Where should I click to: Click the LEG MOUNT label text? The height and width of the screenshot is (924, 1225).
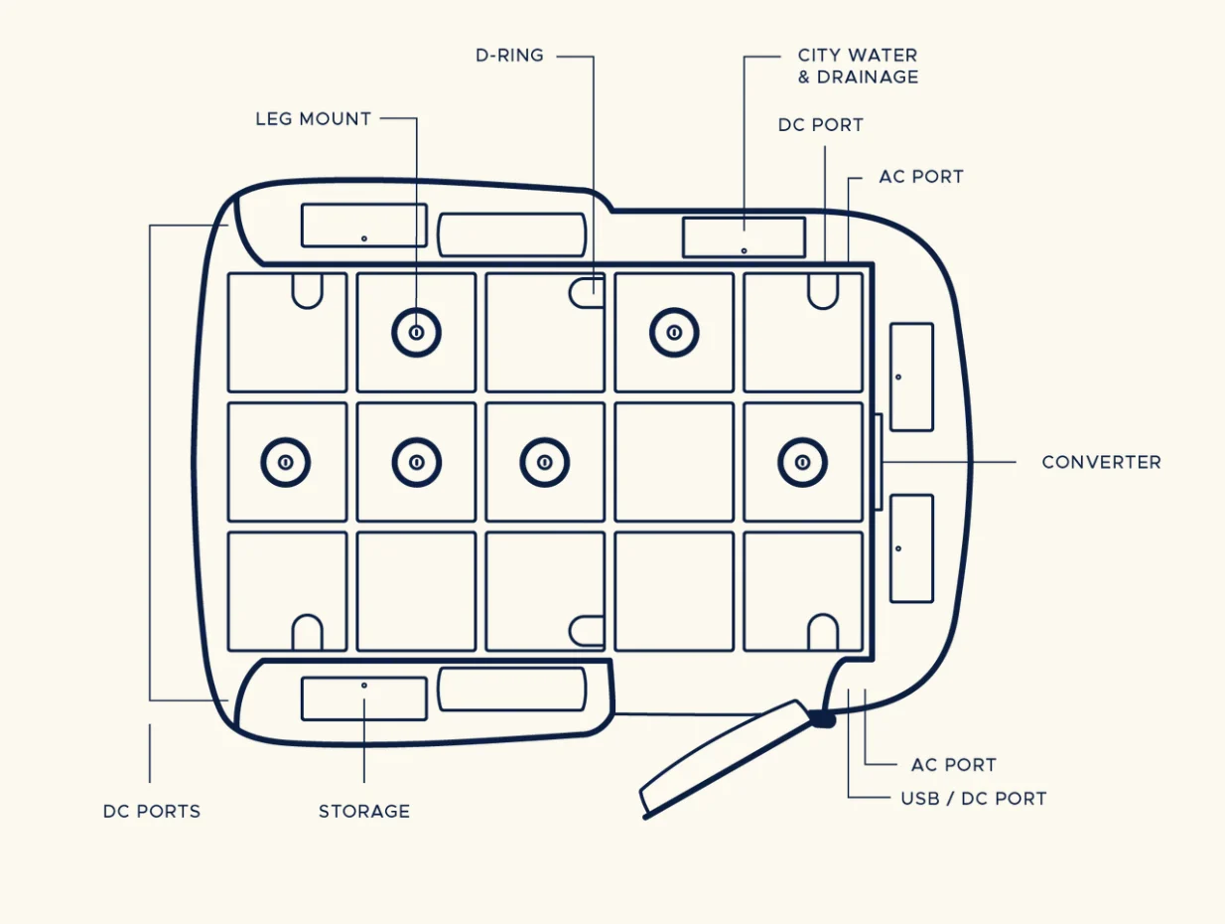tap(314, 119)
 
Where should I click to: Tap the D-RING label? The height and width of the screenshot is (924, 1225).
tap(509, 56)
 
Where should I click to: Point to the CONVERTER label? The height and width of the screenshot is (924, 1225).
tap(1101, 462)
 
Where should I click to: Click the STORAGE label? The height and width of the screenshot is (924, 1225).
tap(363, 812)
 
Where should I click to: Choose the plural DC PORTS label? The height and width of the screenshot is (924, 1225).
tap(152, 812)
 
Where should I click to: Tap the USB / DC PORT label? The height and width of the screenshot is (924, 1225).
tap(973, 799)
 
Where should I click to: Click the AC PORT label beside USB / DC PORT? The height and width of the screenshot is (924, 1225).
tap(953, 765)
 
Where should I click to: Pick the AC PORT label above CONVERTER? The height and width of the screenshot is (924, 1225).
tap(920, 177)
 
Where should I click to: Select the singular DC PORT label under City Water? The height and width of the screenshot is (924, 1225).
tap(820, 125)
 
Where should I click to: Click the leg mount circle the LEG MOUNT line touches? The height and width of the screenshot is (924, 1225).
tap(417, 333)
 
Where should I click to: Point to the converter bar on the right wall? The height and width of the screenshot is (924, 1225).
tap(878, 462)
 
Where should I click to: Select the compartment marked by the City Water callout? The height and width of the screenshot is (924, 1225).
tap(744, 237)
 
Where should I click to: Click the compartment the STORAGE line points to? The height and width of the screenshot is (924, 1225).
tap(363, 697)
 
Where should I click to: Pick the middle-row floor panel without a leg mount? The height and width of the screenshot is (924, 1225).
tap(674, 462)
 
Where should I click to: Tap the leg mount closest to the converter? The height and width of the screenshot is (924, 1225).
tap(802, 462)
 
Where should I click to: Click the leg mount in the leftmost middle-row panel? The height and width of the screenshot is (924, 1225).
tap(286, 462)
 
